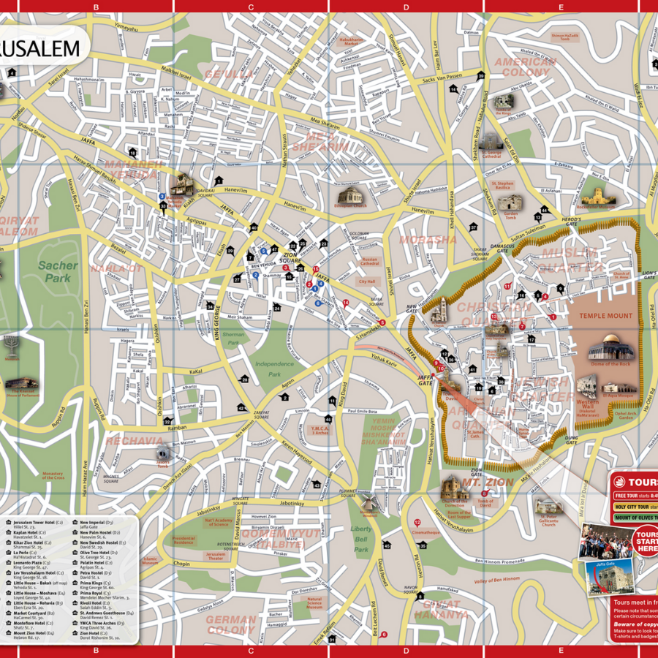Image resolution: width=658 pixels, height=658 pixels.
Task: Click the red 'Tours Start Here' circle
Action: [x=645, y=544]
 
